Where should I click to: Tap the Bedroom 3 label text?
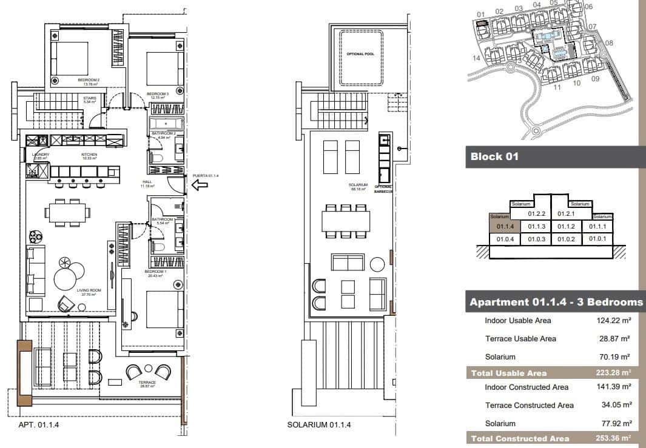click(158, 95)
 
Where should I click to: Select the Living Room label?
click(89, 291)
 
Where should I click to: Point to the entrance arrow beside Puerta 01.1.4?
click(200, 186)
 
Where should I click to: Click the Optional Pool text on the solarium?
click(360, 55)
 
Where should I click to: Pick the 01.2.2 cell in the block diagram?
click(537, 213)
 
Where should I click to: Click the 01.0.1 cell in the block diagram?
click(597, 239)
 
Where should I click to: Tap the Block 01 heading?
click(495, 157)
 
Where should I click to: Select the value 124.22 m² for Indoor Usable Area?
click(613, 321)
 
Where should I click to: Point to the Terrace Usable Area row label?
click(520, 339)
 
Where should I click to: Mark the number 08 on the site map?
click(609, 43)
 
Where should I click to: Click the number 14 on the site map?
click(477, 58)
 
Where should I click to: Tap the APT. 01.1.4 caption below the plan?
click(38, 425)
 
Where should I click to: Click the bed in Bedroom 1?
click(164, 309)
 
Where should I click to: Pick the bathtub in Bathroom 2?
click(165, 124)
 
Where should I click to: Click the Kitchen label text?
click(90, 155)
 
